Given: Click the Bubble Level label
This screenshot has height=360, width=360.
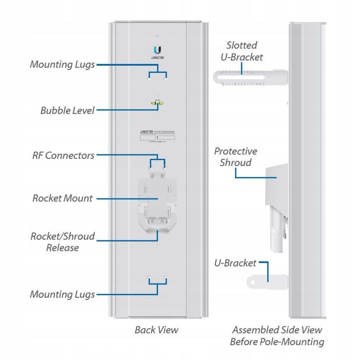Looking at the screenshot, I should point(67,110).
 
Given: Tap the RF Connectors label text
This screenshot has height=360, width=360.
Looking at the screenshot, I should point(63,155).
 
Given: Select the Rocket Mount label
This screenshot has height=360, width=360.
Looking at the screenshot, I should point(63,198).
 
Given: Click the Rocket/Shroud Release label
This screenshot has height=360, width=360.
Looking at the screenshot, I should point(63,242).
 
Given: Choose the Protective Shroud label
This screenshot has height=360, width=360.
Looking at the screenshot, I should point(235,157).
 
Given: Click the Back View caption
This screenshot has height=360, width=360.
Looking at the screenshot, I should point(156,330).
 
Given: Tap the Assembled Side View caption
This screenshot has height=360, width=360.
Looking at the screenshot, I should point(277,336).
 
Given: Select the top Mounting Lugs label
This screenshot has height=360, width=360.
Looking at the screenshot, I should point(62,64).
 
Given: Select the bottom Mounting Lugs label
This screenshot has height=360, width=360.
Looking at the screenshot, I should point(62,295).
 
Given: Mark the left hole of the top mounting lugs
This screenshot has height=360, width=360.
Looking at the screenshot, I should point(149,77).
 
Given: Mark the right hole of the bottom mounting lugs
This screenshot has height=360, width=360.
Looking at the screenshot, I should point(166,278).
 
